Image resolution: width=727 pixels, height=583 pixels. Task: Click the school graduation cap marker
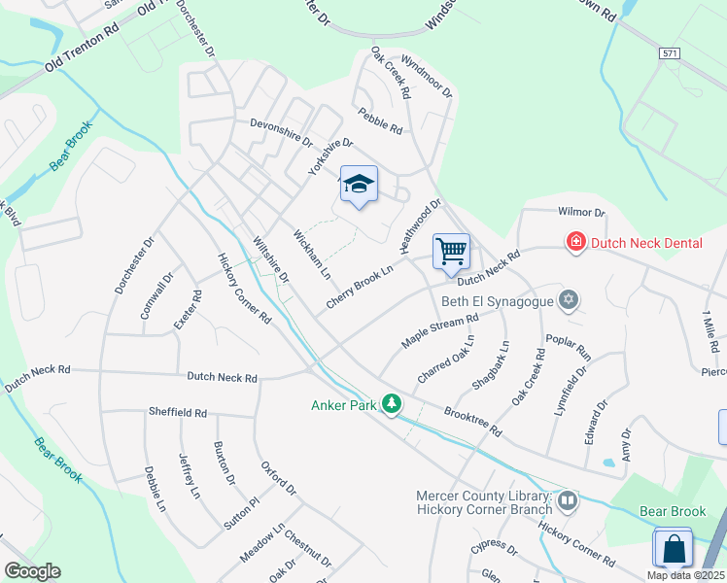pyautogui.click(x=359, y=185)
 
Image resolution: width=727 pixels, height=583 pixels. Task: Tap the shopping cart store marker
pyautogui.click(x=452, y=252)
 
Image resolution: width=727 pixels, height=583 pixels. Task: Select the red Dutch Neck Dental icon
pyautogui.click(x=575, y=240)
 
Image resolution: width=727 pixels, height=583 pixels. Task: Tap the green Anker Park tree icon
pyautogui.click(x=392, y=403)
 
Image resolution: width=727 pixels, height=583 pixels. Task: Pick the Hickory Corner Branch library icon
pyautogui.click(x=567, y=501)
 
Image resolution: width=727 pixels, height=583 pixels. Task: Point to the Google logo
pyautogui.click(x=32, y=570)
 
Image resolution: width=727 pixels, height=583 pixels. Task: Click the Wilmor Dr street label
pyautogui.click(x=581, y=213)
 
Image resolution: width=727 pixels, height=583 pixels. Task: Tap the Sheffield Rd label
pyautogui.click(x=178, y=413)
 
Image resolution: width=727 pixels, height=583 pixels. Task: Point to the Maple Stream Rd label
pyautogui.click(x=440, y=330)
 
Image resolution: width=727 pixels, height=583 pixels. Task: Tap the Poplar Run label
pyautogui.click(x=569, y=348)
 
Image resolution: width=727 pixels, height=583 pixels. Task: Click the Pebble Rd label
pyautogui.click(x=380, y=120)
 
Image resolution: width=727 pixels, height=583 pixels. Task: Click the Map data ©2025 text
pyautogui.click(x=684, y=575)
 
